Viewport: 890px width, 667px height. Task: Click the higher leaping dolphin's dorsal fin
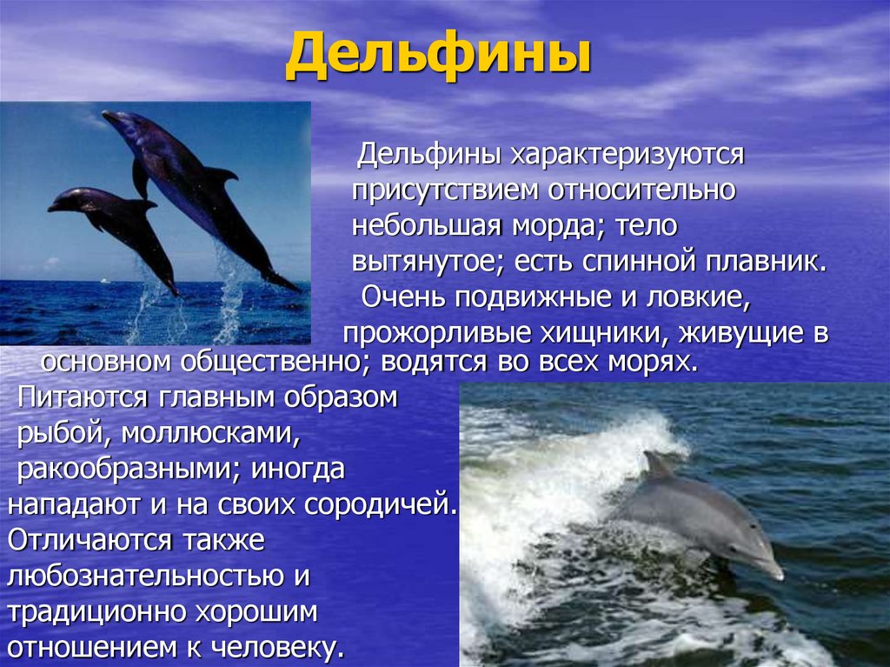coord(218,175)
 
